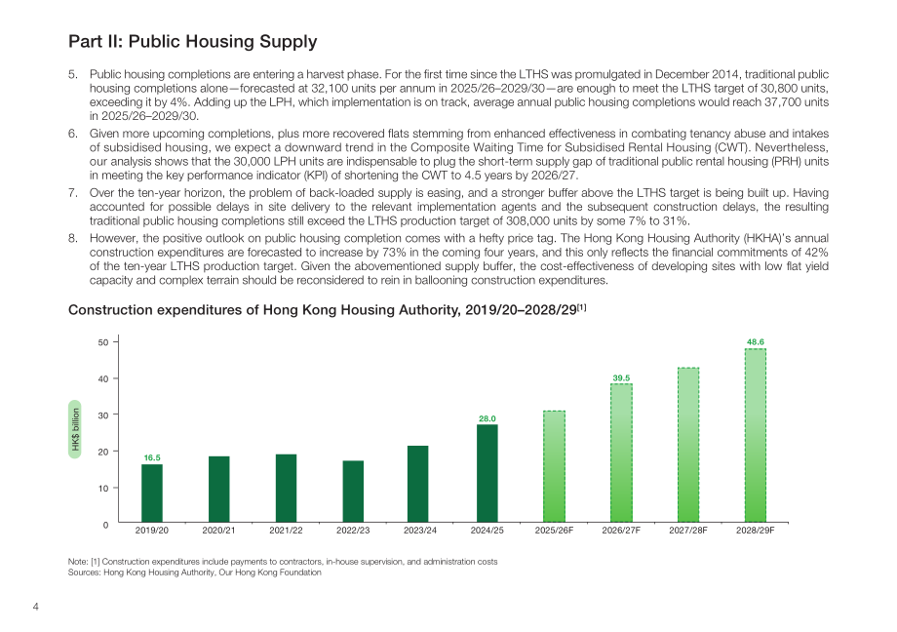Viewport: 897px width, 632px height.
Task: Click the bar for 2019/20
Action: pos(151,493)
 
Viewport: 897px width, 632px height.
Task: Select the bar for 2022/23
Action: pos(353,492)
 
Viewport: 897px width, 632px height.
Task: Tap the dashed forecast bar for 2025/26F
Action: pos(555,466)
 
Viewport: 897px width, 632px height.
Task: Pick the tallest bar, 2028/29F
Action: pos(755,435)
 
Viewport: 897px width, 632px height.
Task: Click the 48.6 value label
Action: pos(755,341)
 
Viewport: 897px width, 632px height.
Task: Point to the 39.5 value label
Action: pos(621,377)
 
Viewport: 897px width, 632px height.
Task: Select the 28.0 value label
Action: pos(487,418)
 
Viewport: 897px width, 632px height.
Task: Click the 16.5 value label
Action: pos(152,457)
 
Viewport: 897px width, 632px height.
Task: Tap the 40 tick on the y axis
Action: pos(103,378)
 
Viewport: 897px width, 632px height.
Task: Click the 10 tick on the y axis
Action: pos(103,489)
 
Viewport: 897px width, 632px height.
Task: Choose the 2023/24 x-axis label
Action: pos(420,531)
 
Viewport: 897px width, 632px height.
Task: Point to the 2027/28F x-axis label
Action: pos(688,531)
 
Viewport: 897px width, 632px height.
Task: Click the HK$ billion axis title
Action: pos(75,429)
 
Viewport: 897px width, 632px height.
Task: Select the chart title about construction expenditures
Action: pos(328,310)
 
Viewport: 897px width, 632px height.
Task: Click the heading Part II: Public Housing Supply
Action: pos(193,41)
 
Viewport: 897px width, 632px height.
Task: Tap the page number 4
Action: pos(35,607)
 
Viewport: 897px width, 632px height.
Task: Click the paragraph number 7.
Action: pos(73,193)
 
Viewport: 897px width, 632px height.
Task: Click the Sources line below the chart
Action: pos(194,573)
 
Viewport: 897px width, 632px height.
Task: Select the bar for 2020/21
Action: pos(219,489)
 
